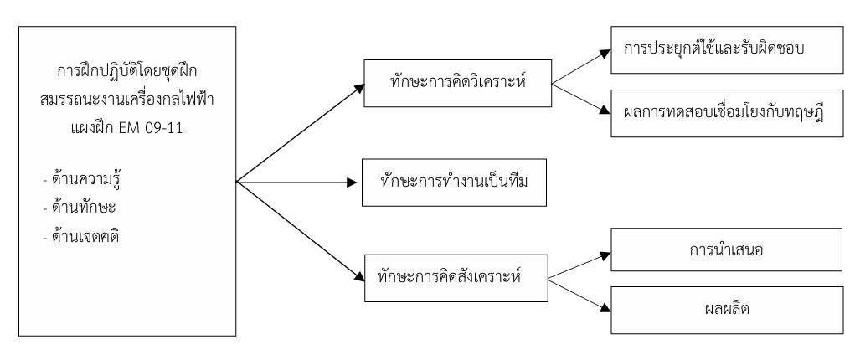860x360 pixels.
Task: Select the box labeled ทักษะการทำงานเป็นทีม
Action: pos(451,180)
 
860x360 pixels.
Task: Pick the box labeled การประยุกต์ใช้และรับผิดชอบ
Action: pos(725,49)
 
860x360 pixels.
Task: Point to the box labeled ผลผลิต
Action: pos(725,309)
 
